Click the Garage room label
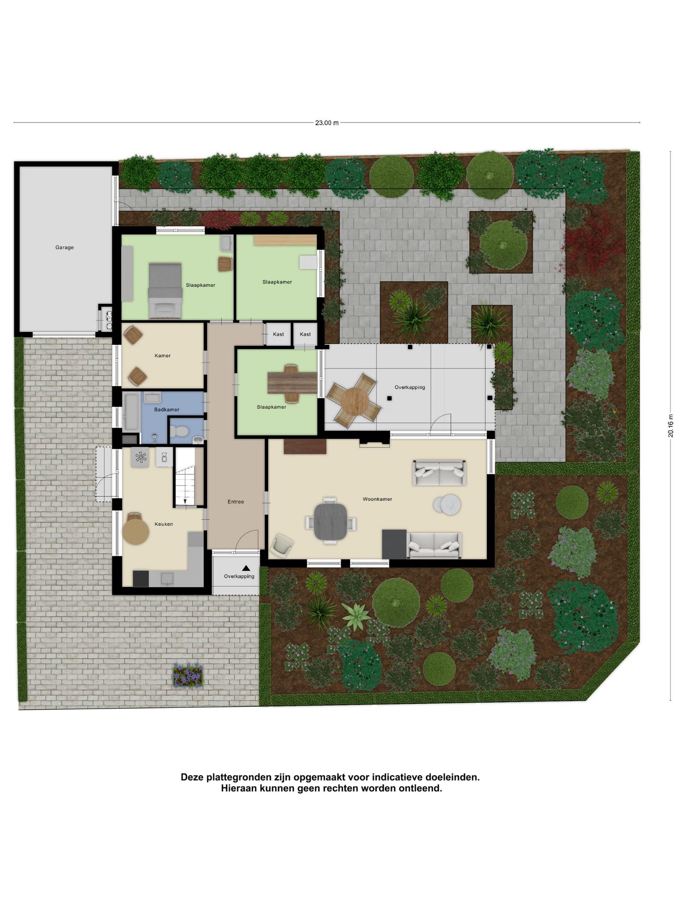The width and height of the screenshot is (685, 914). tap(65, 247)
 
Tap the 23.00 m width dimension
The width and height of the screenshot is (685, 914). tap(327, 123)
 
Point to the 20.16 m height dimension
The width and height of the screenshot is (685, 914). tap(670, 426)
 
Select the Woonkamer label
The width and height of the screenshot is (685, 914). tap(377, 499)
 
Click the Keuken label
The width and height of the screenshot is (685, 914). tap(164, 524)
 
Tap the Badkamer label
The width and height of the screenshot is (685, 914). tap(167, 409)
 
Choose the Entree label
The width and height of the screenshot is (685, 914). tap(236, 502)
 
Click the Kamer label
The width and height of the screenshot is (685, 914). tap(163, 356)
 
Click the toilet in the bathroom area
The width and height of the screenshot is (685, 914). tap(180, 431)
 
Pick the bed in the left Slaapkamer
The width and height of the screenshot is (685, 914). tap(165, 291)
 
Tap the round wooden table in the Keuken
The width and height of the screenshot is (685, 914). tap(136, 532)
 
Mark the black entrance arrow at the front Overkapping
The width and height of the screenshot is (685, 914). tap(246, 568)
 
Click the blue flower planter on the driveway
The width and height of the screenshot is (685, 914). tap(188, 676)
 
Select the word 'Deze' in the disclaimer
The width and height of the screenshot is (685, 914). tap(192, 777)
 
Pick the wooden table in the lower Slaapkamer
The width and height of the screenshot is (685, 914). tap(292, 383)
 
